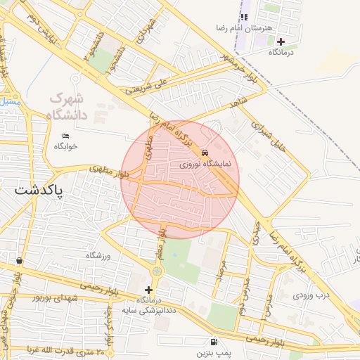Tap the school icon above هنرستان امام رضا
pyautogui.click(x=244, y=17)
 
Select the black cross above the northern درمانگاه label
pyautogui.click(x=281, y=41)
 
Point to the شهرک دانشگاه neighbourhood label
pyautogui.click(x=67, y=105)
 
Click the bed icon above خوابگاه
pyautogui.click(x=66, y=136)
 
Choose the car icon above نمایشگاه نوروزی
pyautogui.click(x=205, y=153)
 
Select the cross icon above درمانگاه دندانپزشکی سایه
pyautogui.click(x=148, y=290)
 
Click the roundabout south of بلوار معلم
pyautogui.click(x=156, y=271)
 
